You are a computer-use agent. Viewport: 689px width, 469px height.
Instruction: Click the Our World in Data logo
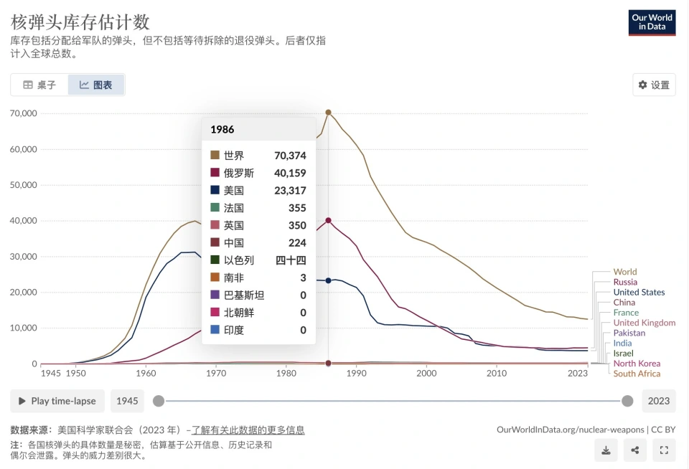pyautogui.click(x=652, y=22)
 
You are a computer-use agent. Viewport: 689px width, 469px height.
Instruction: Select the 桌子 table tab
pyautogui.click(x=39, y=85)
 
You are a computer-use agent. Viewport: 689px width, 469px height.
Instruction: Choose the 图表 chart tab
pyautogui.click(x=96, y=85)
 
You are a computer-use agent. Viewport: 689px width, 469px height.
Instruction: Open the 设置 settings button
pyautogui.click(x=654, y=85)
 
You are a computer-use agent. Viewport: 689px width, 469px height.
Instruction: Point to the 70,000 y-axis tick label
pyautogui.click(x=23, y=113)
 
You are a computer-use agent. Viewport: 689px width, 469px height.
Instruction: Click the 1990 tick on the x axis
pyautogui.click(x=357, y=374)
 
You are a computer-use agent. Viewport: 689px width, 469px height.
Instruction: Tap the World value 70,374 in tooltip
pyautogui.click(x=290, y=156)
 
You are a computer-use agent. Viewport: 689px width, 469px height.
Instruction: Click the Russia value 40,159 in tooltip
pyautogui.click(x=290, y=173)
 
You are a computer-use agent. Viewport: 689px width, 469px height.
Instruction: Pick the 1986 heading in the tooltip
pyautogui.click(x=222, y=130)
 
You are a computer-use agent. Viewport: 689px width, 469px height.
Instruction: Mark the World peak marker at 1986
pyautogui.click(x=329, y=113)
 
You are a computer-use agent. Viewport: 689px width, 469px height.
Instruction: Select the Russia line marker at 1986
pyautogui.click(x=329, y=220)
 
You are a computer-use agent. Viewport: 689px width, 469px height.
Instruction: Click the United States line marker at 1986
pyautogui.click(x=329, y=280)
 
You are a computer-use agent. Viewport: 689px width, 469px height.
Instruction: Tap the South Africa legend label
pyautogui.click(x=637, y=374)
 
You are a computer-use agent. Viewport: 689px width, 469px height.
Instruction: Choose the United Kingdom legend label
pyautogui.click(x=645, y=323)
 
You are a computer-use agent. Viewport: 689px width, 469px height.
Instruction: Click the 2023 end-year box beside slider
pyautogui.click(x=658, y=401)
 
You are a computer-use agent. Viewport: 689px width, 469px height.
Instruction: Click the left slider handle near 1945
pyautogui.click(x=159, y=401)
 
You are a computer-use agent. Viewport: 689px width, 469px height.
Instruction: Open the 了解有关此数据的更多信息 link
pyautogui.click(x=248, y=430)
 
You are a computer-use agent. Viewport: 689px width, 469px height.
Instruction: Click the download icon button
pyautogui.click(x=606, y=450)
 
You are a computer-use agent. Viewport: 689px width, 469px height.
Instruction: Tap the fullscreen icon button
pyautogui.click(x=664, y=450)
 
